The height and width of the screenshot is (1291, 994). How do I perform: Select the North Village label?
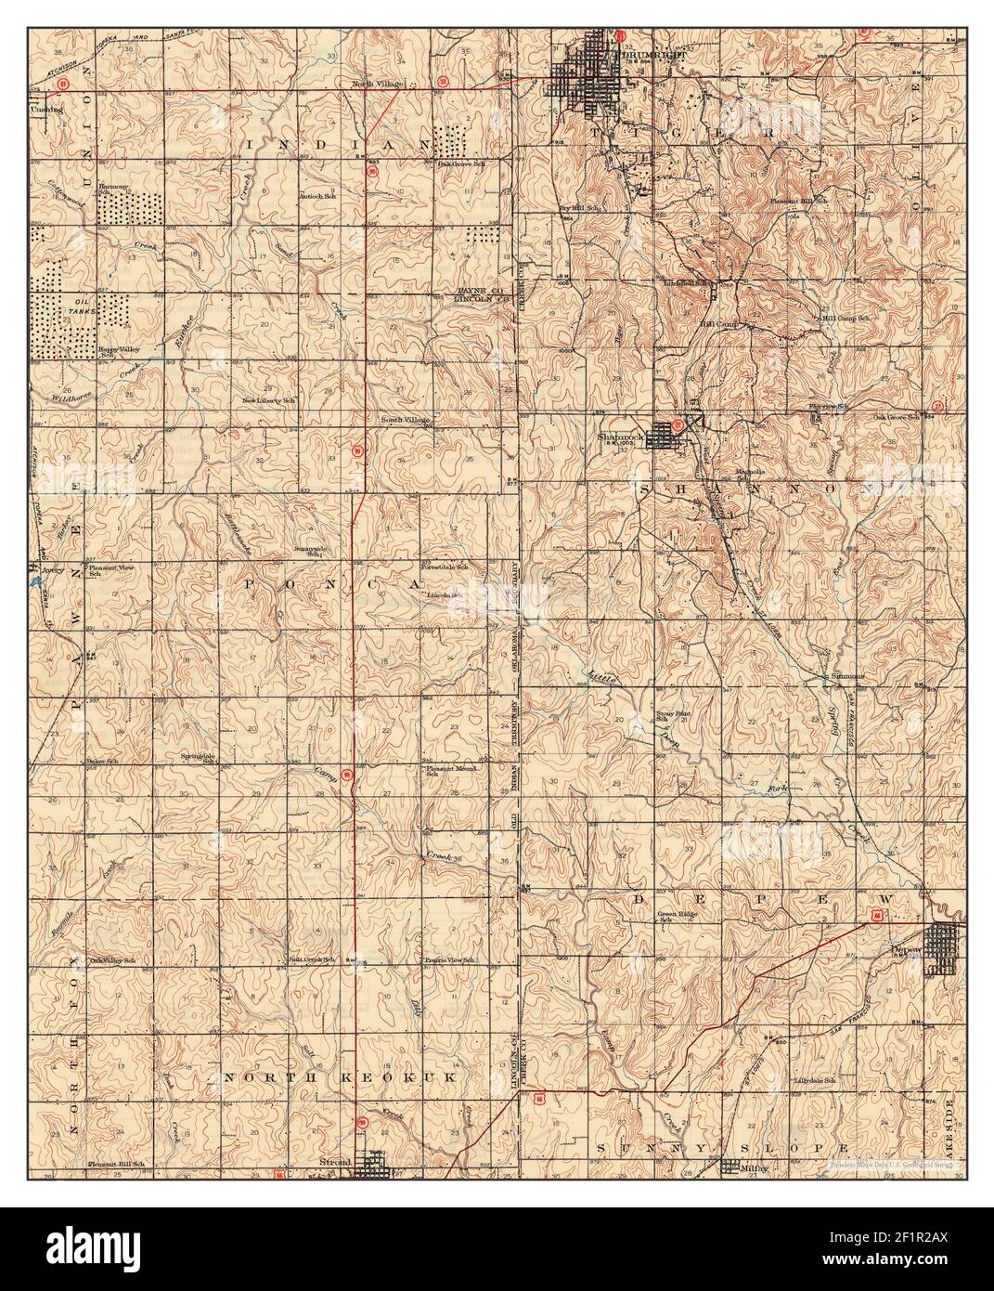376,85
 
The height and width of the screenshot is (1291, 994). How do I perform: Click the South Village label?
405,420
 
